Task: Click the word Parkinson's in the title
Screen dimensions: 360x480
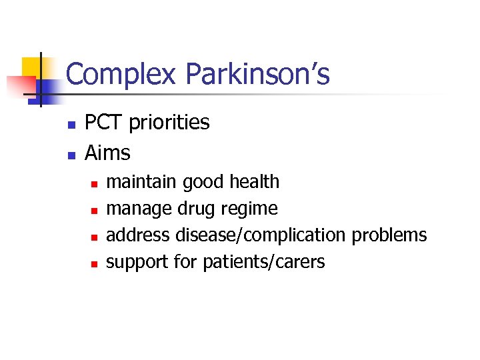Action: click(258, 75)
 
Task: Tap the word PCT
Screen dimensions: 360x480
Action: click(105, 123)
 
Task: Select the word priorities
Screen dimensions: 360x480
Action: click(169, 123)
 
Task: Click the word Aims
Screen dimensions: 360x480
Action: click(107, 153)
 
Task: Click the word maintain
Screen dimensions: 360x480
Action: click(142, 181)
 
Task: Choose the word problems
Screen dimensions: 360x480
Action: click(389, 235)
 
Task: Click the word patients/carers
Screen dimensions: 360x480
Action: click(263, 262)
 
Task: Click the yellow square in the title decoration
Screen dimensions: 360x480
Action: click(35, 69)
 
